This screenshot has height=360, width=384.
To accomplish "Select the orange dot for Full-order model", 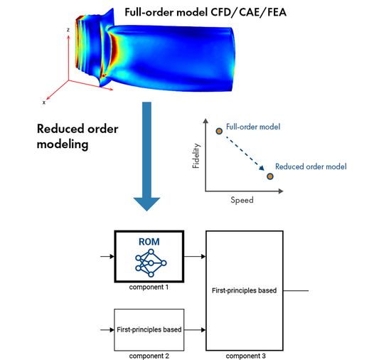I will click(x=219, y=131).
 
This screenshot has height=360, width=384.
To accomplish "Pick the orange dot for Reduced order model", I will click(x=270, y=176).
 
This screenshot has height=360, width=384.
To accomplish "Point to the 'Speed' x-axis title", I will click(x=242, y=200).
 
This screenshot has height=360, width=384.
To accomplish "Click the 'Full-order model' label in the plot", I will click(x=253, y=127).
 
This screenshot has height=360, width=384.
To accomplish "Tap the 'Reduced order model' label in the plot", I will click(x=311, y=166).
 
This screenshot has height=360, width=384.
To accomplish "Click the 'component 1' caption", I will click(x=149, y=287).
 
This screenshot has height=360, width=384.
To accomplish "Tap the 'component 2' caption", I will click(x=149, y=354).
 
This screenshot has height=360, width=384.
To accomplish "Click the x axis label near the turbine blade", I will click(x=44, y=102).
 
